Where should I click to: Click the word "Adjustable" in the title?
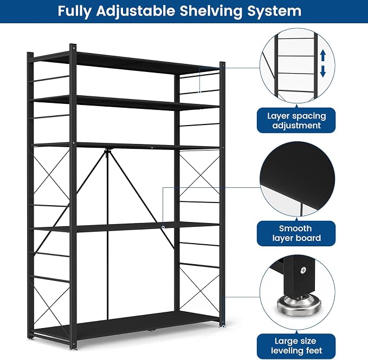coord(135,11)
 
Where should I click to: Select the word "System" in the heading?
coord(274,11)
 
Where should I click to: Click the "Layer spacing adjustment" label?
coord(296,121)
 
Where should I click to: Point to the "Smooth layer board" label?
coord(296,233)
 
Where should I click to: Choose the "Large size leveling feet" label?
coord(296,346)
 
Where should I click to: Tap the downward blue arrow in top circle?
coord(323,71)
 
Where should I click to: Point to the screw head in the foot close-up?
coord(304,270)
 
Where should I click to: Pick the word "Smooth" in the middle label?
coord(295,228)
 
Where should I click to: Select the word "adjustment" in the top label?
coord(296,126)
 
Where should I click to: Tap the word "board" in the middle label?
coord(308,238)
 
